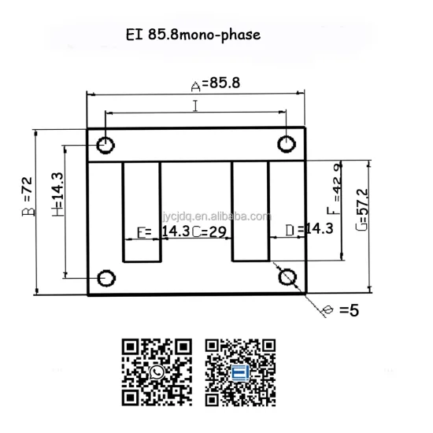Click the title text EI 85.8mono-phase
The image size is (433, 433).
click(191, 35)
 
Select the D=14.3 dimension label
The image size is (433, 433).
click(310, 229)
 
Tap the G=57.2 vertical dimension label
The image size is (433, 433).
click(361, 208)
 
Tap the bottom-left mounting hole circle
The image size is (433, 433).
click(105, 277)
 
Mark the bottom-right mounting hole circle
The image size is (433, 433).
click(287, 277)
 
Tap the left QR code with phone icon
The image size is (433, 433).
click(157, 372)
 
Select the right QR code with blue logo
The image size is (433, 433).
click(242, 372)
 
